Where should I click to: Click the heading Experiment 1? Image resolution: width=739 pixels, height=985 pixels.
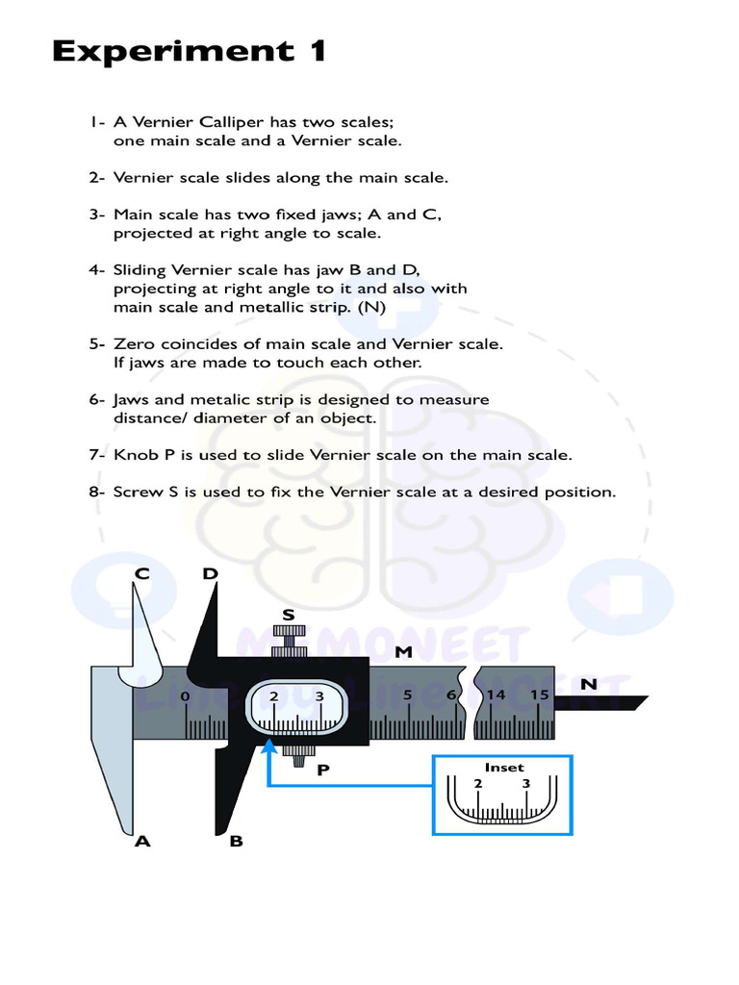pyautogui.click(x=189, y=51)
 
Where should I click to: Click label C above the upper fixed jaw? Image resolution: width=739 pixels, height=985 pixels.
pyautogui.click(x=141, y=574)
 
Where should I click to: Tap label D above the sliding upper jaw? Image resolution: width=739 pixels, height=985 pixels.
pyautogui.click(x=210, y=574)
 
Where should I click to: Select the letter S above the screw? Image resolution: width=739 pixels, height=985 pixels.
pyautogui.click(x=288, y=615)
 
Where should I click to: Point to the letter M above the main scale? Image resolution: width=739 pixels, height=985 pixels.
pyautogui.click(x=403, y=652)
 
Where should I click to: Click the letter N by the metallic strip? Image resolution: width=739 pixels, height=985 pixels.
pyautogui.click(x=588, y=684)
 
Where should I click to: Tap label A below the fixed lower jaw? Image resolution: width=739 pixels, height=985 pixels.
pyautogui.click(x=142, y=841)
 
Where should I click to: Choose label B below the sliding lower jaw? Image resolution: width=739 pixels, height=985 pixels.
pyautogui.click(x=236, y=842)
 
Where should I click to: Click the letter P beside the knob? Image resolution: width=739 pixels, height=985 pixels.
pyautogui.click(x=323, y=769)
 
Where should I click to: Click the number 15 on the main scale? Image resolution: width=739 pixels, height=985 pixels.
pyautogui.click(x=539, y=695)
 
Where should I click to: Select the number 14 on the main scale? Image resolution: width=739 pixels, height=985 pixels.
pyautogui.click(x=496, y=695)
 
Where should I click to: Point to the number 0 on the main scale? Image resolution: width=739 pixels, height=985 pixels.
pyautogui.click(x=185, y=695)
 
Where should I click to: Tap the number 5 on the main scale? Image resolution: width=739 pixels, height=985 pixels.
pyautogui.click(x=408, y=695)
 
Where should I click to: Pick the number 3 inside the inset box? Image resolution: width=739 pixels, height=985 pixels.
pyautogui.click(x=525, y=783)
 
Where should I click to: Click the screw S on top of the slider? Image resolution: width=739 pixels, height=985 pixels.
pyautogui.click(x=288, y=640)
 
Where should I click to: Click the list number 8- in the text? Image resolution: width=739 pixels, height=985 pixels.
pyautogui.click(x=96, y=492)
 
